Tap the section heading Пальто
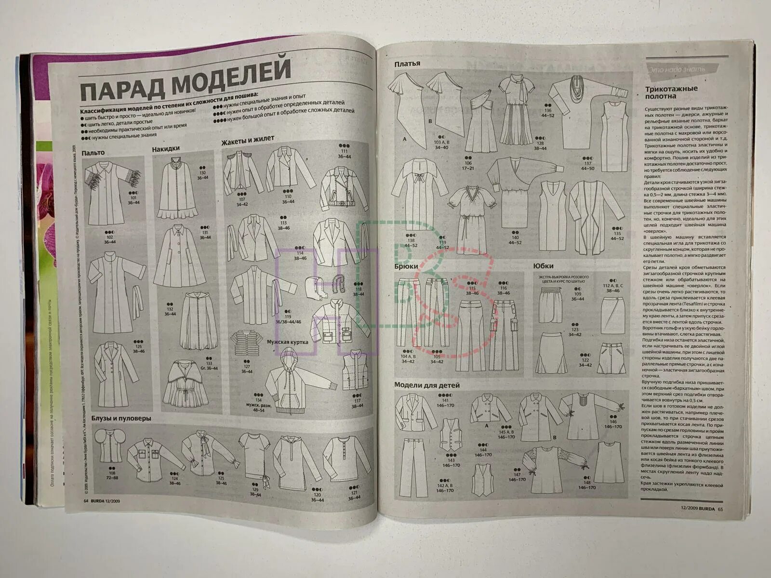click(x=93, y=153)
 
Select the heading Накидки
click(x=166, y=149)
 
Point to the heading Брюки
click(x=406, y=266)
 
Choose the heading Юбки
click(x=543, y=265)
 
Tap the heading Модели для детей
click(x=427, y=385)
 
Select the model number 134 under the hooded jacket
click(x=259, y=400)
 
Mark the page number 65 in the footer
click(x=720, y=508)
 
